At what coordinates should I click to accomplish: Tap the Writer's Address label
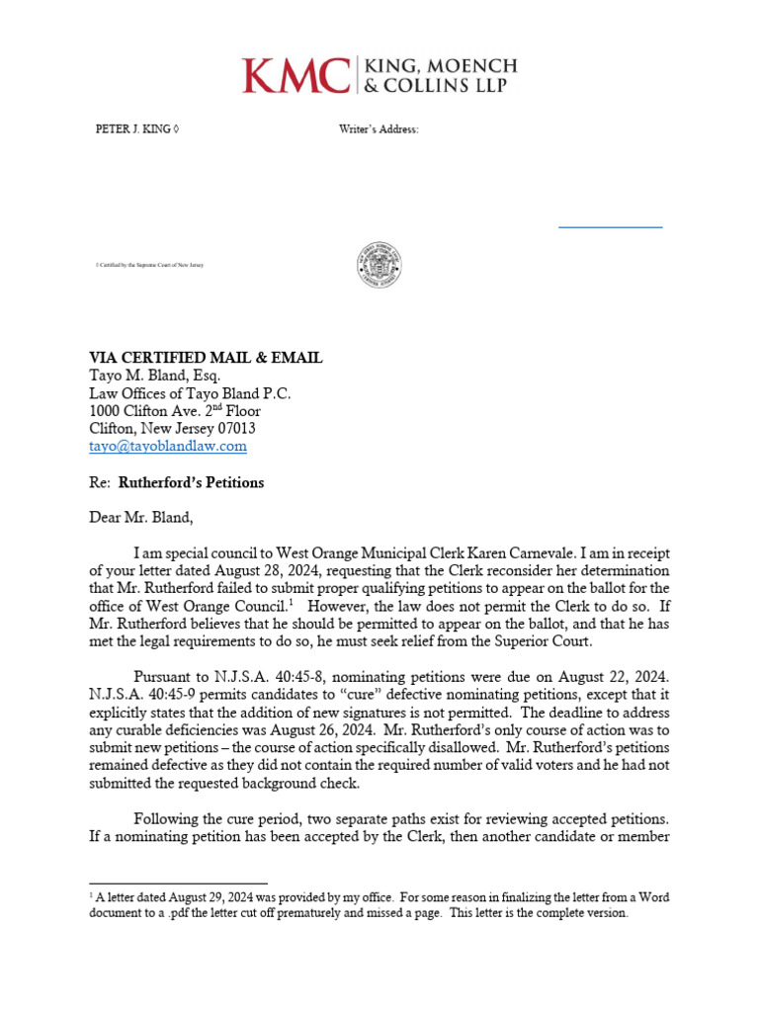[x=379, y=129]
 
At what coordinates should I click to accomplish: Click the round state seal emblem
[x=379, y=266]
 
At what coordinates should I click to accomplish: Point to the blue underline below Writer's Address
[x=610, y=227]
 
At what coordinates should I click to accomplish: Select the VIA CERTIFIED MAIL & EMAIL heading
[x=206, y=358]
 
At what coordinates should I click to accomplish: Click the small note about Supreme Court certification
[x=149, y=266]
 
